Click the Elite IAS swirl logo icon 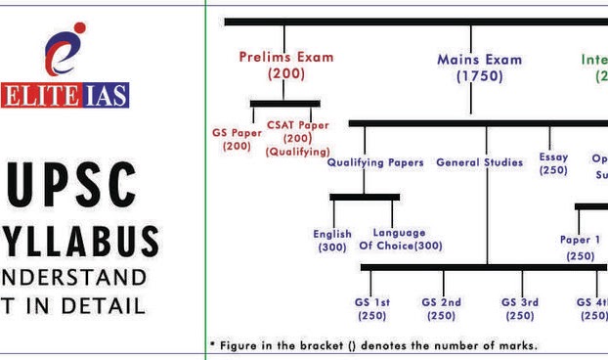tap(65, 55)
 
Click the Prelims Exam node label tap(285, 57)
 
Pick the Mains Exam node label tap(479, 59)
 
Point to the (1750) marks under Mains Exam tap(479, 76)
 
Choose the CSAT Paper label tap(297, 124)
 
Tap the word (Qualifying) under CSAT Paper tap(297, 152)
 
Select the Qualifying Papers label tap(374, 162)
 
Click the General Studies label tap(479, 162)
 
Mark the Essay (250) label tap(553, 163)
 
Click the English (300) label tap(332, 241)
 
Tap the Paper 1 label tap(580, 240)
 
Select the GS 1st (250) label tap(371, 309)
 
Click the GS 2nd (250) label tap(441, 309)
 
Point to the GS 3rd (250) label tap(519, 309)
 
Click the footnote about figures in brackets tap(373, 345)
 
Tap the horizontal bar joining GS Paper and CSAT tap(284, 103)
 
